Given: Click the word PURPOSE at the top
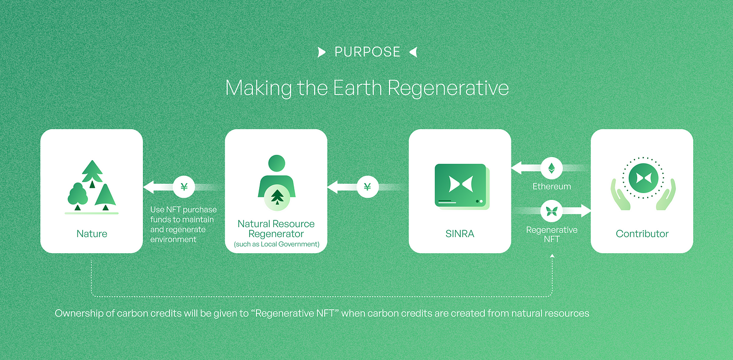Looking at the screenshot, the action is pos(367,52).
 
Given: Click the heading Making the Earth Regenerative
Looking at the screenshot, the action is pos(367,87).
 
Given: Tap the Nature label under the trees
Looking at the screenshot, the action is pos(92,233).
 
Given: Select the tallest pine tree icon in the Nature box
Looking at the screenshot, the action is pos(92,172).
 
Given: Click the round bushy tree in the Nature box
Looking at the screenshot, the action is pos(77,195).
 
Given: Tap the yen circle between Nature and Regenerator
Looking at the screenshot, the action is pos(184,186).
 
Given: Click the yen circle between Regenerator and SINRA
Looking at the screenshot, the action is pos(368,186).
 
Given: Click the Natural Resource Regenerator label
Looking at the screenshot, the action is pos(276,229).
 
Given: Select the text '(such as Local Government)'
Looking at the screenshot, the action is pos(276,244).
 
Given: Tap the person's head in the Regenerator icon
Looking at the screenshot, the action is pos(276,163).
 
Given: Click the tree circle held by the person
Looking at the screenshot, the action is pos(276,197).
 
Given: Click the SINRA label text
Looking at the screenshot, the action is pos(460,234).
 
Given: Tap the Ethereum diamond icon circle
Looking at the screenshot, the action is pos(551,168).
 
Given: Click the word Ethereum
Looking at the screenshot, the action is pos(552,186).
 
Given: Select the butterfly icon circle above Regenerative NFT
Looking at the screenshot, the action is pos(551,211).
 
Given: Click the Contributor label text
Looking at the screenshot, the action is pos(642,234).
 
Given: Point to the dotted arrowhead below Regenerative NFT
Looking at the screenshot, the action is pos(552,255).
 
